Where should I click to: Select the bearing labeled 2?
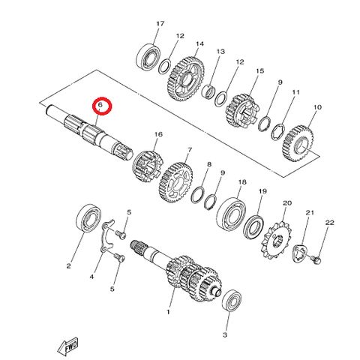click(x=88, y=223)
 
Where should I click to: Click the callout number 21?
click(x=309, y=212)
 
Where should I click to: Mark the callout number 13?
click(x=220, y=52)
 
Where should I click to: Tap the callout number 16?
click(x=157, y=134)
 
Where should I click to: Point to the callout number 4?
click(x=92, y=277)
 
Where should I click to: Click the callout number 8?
click(x=209, y=163)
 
